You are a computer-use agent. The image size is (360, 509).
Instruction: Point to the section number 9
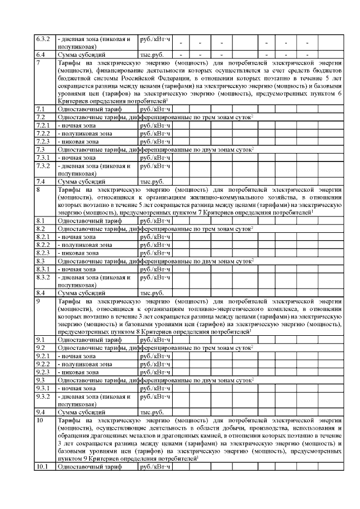coord(38,301)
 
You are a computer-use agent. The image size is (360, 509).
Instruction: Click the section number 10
coord(39,420)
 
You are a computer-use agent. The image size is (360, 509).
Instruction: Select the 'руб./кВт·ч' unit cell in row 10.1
coord(155,467)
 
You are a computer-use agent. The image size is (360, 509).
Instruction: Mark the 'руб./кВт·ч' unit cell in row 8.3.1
coord(155,269)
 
